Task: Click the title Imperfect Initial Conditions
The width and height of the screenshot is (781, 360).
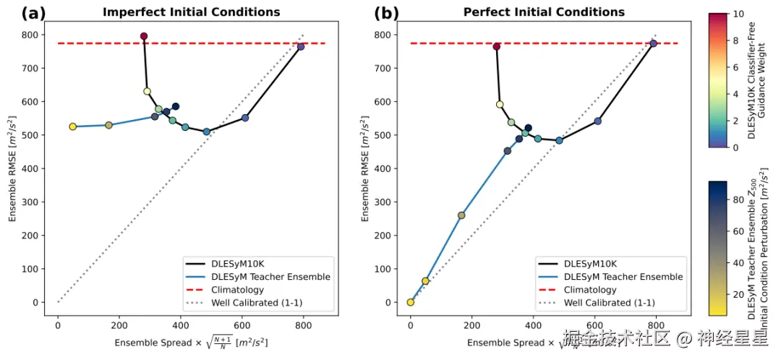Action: [191, 12]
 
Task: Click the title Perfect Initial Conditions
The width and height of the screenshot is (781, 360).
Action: [544, 12]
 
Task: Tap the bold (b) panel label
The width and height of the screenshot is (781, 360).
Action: [385, 12]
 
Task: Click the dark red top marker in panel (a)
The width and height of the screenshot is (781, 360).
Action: [144, 36]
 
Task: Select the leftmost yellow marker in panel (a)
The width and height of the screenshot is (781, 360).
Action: [73, 127]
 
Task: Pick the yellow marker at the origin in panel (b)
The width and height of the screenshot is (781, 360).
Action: [411, 302]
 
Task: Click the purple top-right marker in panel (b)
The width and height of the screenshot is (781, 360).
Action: [654, 43]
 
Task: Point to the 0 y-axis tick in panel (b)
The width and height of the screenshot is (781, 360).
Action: [388, 302]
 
